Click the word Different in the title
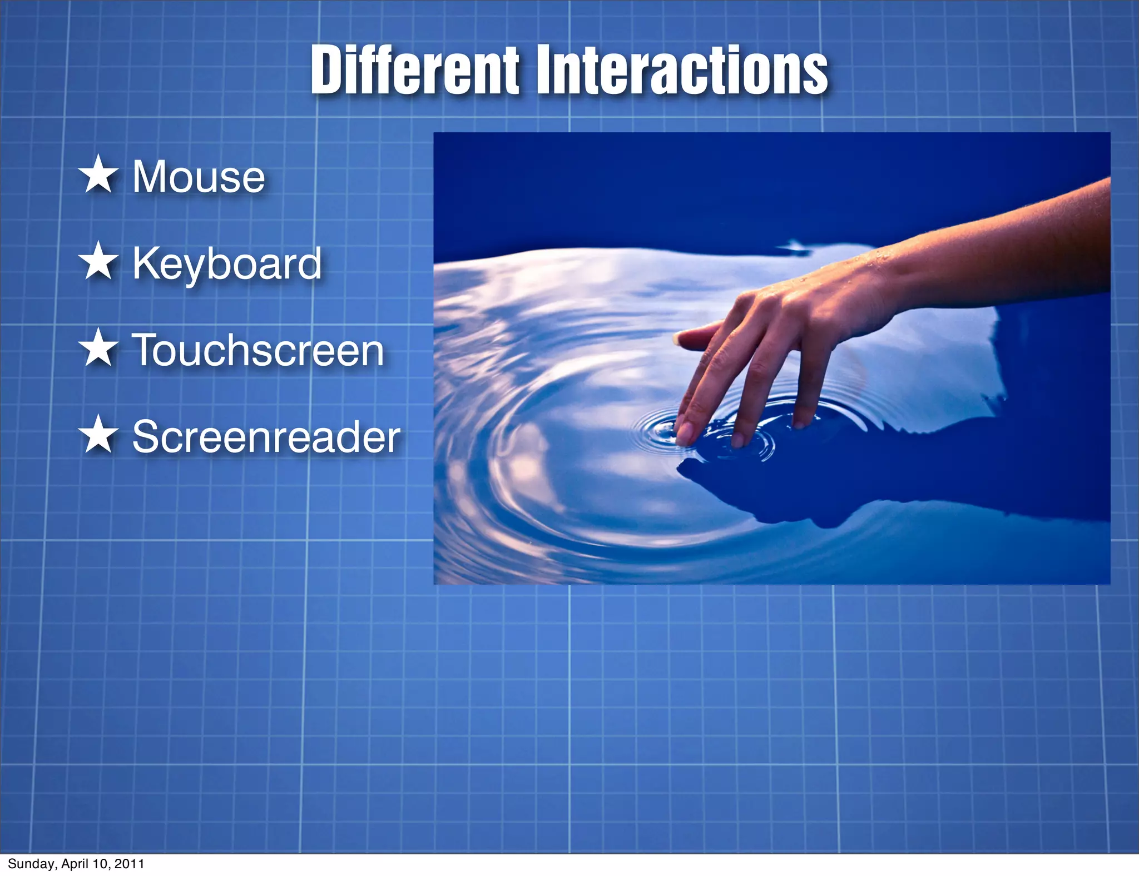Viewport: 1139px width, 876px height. point(414,71)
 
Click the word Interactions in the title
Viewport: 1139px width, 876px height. point(683,71)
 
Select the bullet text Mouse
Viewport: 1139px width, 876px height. point(199,177)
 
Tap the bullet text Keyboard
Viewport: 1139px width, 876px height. point(227,263)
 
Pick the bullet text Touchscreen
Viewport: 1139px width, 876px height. point(257,350)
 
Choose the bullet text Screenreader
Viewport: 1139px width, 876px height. point(266,437)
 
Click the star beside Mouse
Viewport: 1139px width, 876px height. point(98,175)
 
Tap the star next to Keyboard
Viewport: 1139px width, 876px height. point(98,261)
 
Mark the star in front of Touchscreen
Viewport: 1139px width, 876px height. point(98,348)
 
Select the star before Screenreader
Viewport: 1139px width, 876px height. point(98,435)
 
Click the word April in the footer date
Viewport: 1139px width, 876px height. point(75,864)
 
